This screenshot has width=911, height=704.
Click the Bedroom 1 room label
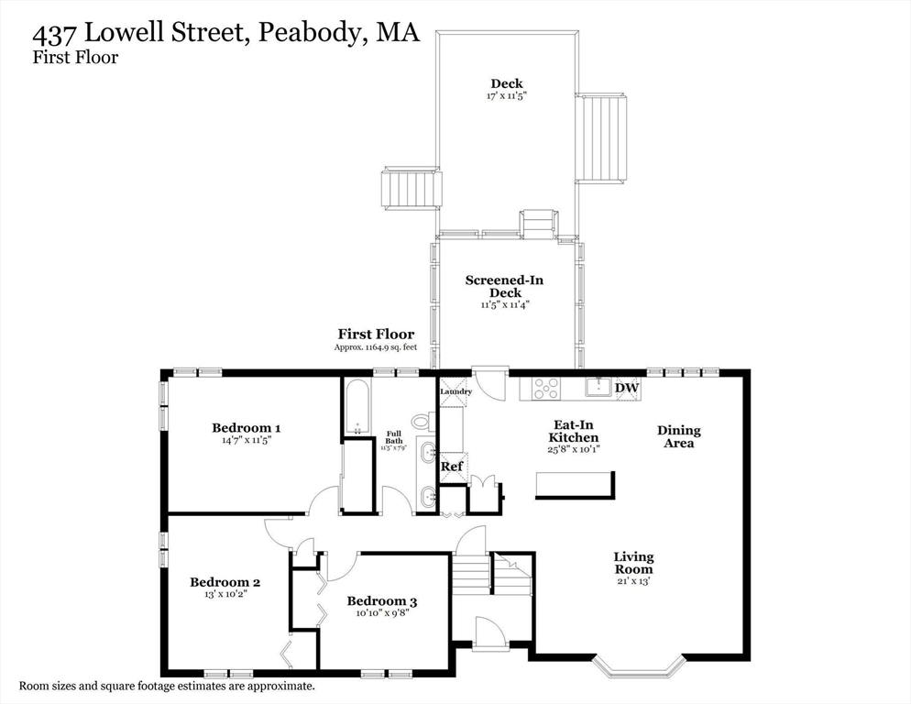click(x=246, y=427)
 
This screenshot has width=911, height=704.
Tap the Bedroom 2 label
click(x=225, y=581)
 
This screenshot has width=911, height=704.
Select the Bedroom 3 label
click(x=382, y=601)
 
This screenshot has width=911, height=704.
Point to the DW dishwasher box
click(x=627, y=388)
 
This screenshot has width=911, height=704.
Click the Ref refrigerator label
click(x=452, y=467)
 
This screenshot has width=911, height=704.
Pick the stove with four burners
click(x=547, y=388)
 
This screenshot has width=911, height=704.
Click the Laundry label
click(x=455, y=392)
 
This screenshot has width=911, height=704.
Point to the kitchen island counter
click(x=575, y=484)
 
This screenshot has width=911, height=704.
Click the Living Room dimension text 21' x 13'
click(x=633, y=580)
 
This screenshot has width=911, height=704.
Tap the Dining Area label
click(x=678, y=436)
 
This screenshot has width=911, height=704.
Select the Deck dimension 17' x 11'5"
click(x=506, y=96)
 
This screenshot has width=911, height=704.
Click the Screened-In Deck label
click(x=506, y=286)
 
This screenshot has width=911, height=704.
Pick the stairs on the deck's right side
click(x=604, y=137)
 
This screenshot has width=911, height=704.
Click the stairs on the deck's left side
click(x=410, y=190)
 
